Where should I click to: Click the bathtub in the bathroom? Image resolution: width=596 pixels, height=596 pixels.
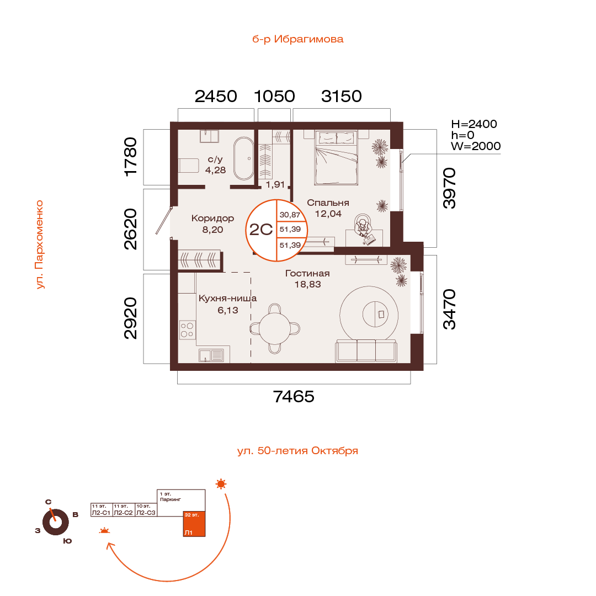coord(243,158)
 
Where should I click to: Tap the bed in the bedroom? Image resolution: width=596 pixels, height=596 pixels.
coord(337,158)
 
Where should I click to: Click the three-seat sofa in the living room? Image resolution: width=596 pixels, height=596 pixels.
coord(366,352)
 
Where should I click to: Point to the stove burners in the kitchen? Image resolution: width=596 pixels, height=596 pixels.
coord(188,330)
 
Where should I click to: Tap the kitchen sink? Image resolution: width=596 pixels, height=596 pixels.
coord(211,355)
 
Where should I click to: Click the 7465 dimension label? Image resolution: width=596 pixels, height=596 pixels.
coord(294,396)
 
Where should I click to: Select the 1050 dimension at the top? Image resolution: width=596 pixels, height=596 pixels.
coord(274,97)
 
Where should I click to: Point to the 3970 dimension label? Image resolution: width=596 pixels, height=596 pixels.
coord(450,188)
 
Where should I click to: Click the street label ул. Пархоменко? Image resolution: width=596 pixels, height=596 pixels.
coord(39,244)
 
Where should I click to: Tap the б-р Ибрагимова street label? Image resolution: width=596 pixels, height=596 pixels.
coord(297,39)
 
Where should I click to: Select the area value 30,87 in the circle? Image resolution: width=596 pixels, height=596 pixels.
coord(290,215)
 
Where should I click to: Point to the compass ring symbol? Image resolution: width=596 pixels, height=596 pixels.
coord(55,521)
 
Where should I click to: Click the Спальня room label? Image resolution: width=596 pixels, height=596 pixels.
coord(328,203)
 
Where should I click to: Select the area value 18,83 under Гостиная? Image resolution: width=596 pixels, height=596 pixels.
coord(307,285)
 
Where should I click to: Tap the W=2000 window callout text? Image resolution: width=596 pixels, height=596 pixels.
coord(476,146)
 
